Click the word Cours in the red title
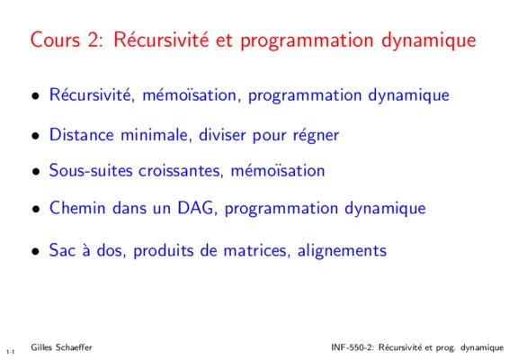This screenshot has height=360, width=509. [x=55, y=40]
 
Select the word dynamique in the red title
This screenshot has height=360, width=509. [x=428, y=40]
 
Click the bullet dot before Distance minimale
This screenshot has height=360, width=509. [x=36, y=136]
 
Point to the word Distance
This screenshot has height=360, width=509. [x=82, y=134]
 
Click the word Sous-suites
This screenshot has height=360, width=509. [x=91, y=170]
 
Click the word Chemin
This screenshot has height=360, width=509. [x=77, y=208]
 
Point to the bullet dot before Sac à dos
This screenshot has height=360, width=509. [x=36, y=251]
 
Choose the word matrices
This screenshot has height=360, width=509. [x=257, y=250]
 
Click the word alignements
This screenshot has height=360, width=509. [x=342, y=251]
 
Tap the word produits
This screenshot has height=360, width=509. [x=164, y=251]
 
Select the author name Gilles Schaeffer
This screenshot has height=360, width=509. [x=61, y=347]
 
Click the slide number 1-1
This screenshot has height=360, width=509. [x=10, y=352]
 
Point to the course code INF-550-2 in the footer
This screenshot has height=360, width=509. [x=353, y=347]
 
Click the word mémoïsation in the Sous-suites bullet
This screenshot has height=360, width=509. [x=278, y=171]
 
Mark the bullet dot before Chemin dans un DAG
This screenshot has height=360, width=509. [x=36, y=209]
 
